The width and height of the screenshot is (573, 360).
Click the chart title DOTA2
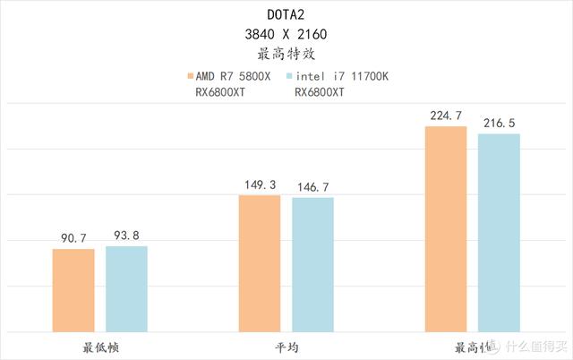tap(286, 14)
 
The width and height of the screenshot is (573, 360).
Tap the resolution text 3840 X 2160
tap(286, 34)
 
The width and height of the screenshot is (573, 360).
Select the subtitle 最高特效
tap(286, 54)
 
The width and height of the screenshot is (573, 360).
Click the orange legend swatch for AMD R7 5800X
tap(188, 76)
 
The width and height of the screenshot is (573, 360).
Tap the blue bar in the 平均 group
tap(312, 264)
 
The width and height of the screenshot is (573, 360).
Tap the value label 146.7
tap(312, 186)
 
